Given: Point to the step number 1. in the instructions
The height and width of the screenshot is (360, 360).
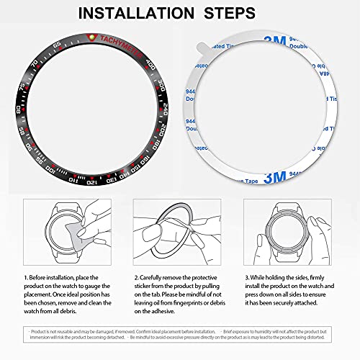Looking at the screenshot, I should (x=26, y=276).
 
